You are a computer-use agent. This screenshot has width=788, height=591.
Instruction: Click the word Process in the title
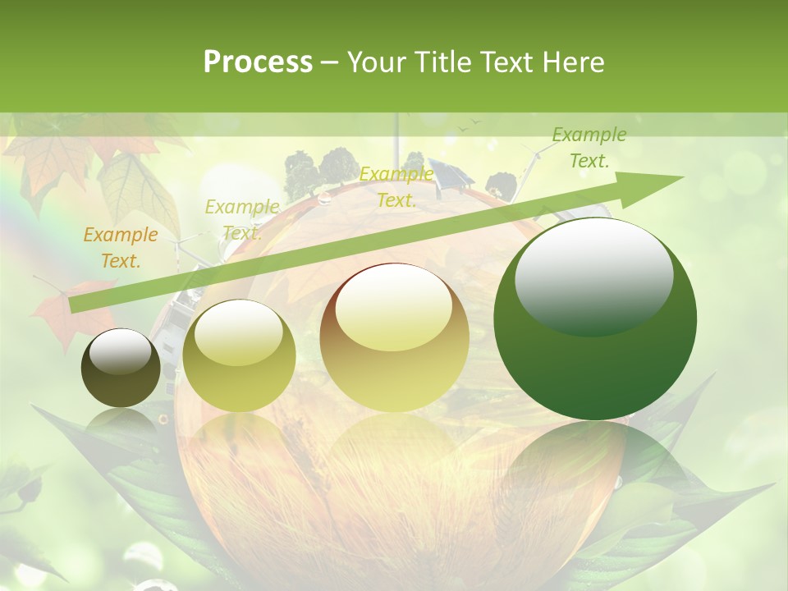(258, 62)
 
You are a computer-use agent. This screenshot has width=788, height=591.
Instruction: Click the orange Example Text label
(121, 248)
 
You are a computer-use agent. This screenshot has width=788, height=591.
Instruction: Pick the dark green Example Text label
(589, 148)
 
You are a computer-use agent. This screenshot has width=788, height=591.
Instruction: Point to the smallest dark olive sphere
(121, 368)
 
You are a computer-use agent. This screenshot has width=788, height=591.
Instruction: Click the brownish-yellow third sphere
(395, 337)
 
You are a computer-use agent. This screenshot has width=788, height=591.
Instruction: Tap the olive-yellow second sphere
(239, 355)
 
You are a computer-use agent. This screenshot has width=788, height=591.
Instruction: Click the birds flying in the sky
(469, 124)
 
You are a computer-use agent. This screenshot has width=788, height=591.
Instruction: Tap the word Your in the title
(374, 62)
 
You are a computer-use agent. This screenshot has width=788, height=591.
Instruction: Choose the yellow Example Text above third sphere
(396, 187)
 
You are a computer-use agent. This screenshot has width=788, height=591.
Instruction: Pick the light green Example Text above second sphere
(241, 219)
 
